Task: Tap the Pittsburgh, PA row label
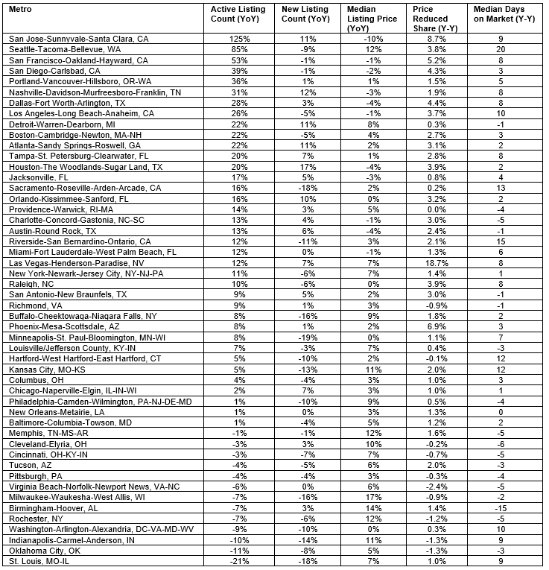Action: point(34,473)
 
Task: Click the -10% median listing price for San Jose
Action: point(372,37)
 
